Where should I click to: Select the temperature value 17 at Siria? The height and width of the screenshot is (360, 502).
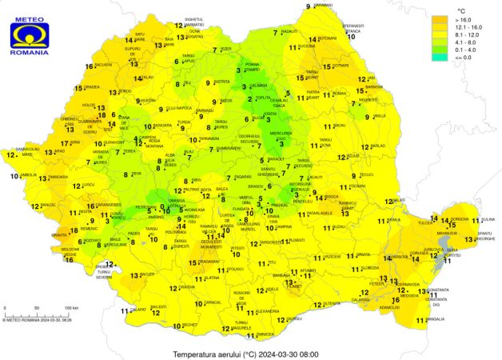tap(65, 144)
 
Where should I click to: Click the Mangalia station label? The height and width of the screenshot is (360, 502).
tap(434, 319)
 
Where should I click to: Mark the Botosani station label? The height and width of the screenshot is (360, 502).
tap(328, 38)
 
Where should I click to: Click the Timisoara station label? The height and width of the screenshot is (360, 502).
tap(58, 176)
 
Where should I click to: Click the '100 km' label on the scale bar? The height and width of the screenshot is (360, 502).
tap(71, 307)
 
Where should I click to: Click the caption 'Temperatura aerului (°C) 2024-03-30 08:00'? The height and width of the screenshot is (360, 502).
tap(245, 353)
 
